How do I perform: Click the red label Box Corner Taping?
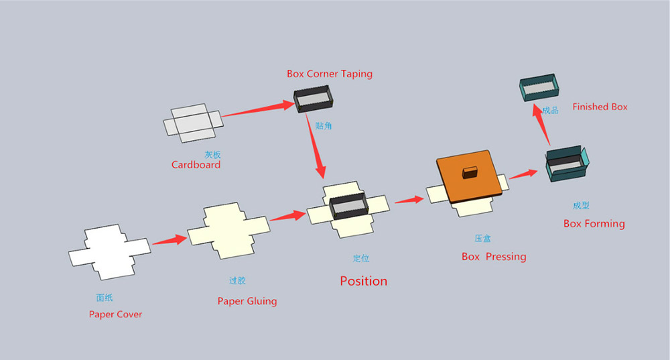pyautogui.click(x=329, y=74)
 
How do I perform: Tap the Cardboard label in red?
pyautogui.click(x=196, y=165)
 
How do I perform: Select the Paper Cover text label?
pyautogui.click(x=115, y=314)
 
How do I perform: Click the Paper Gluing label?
pyautogui.click(x=247, y=301)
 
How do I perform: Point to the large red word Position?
pyautogui.click(x=363, y=281)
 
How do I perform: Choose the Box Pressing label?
pyautogui.click(x=494, y=257)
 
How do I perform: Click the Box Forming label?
pyautogui.click(x=594, y=224)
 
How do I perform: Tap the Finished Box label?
pyautogui.click(x=600, y=107)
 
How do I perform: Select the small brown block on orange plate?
pyautogui.click(x=469, y=172)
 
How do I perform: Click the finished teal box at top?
pyautogui.click(x=540, y=89)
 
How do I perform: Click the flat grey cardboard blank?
pyautogui.click(x=192, y=124)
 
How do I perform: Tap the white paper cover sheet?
pyautogui.click(x=109, y=252)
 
